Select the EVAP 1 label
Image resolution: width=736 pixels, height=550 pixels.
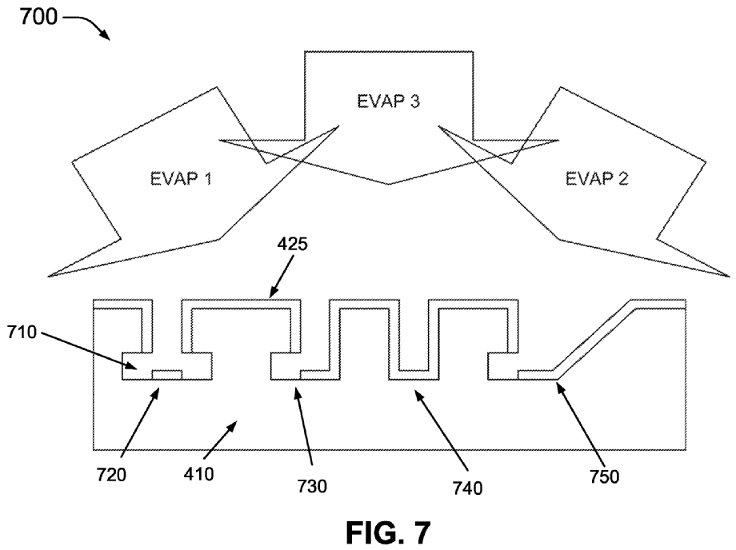click(180, 178)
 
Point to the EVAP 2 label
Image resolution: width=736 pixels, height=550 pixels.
click(597, 178)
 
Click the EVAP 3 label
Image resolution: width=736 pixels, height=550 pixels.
click(389, 102)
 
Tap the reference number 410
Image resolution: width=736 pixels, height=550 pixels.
click(198, 473)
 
